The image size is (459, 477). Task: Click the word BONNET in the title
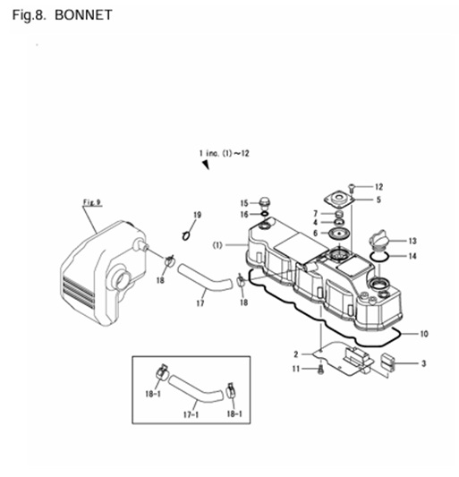pos(83,15)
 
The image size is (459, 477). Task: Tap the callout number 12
pos(378,187)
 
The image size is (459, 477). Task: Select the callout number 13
pos(412,241)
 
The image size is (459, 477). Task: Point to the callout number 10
pos(424,334)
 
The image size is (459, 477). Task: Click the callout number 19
pos(198,215)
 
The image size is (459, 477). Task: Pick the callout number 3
pos(423,363)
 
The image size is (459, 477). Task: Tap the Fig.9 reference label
pos(92,202)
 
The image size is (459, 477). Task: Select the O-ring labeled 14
pos(379,257)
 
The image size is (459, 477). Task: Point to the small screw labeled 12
pos(352,188)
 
